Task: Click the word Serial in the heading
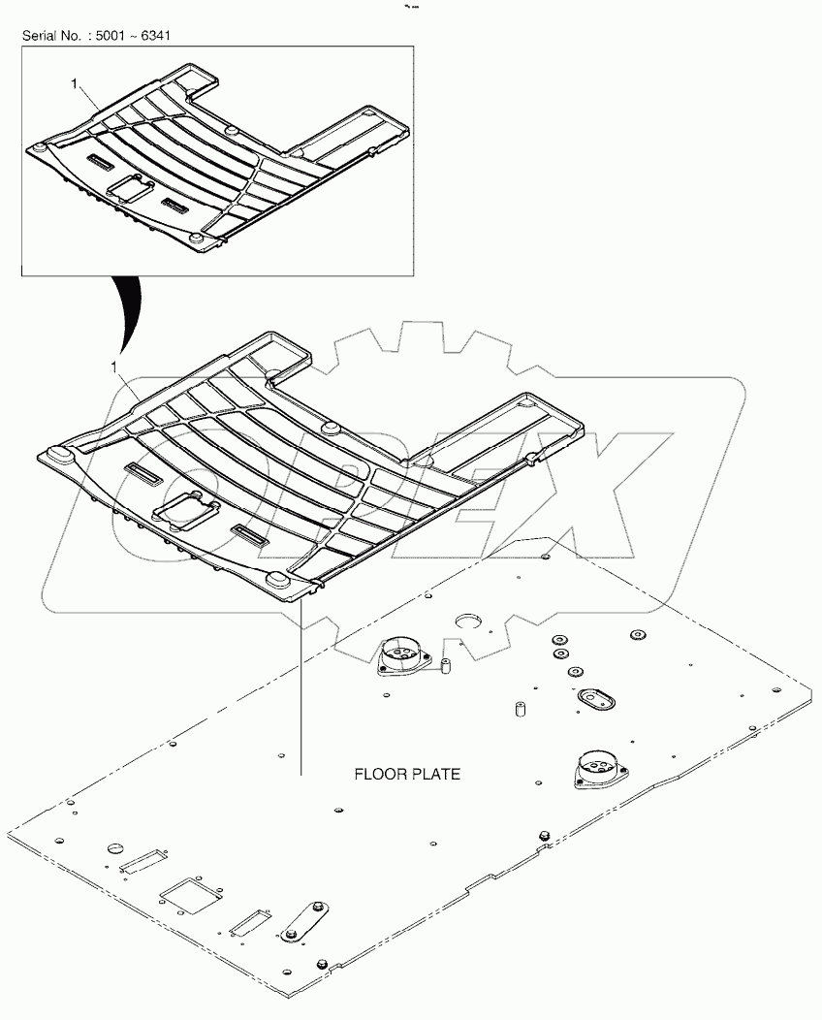coord(43,36)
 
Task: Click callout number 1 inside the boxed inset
coord(74,84)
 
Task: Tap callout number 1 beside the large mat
coord(115,367)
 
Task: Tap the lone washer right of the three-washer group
coord(637,637)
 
